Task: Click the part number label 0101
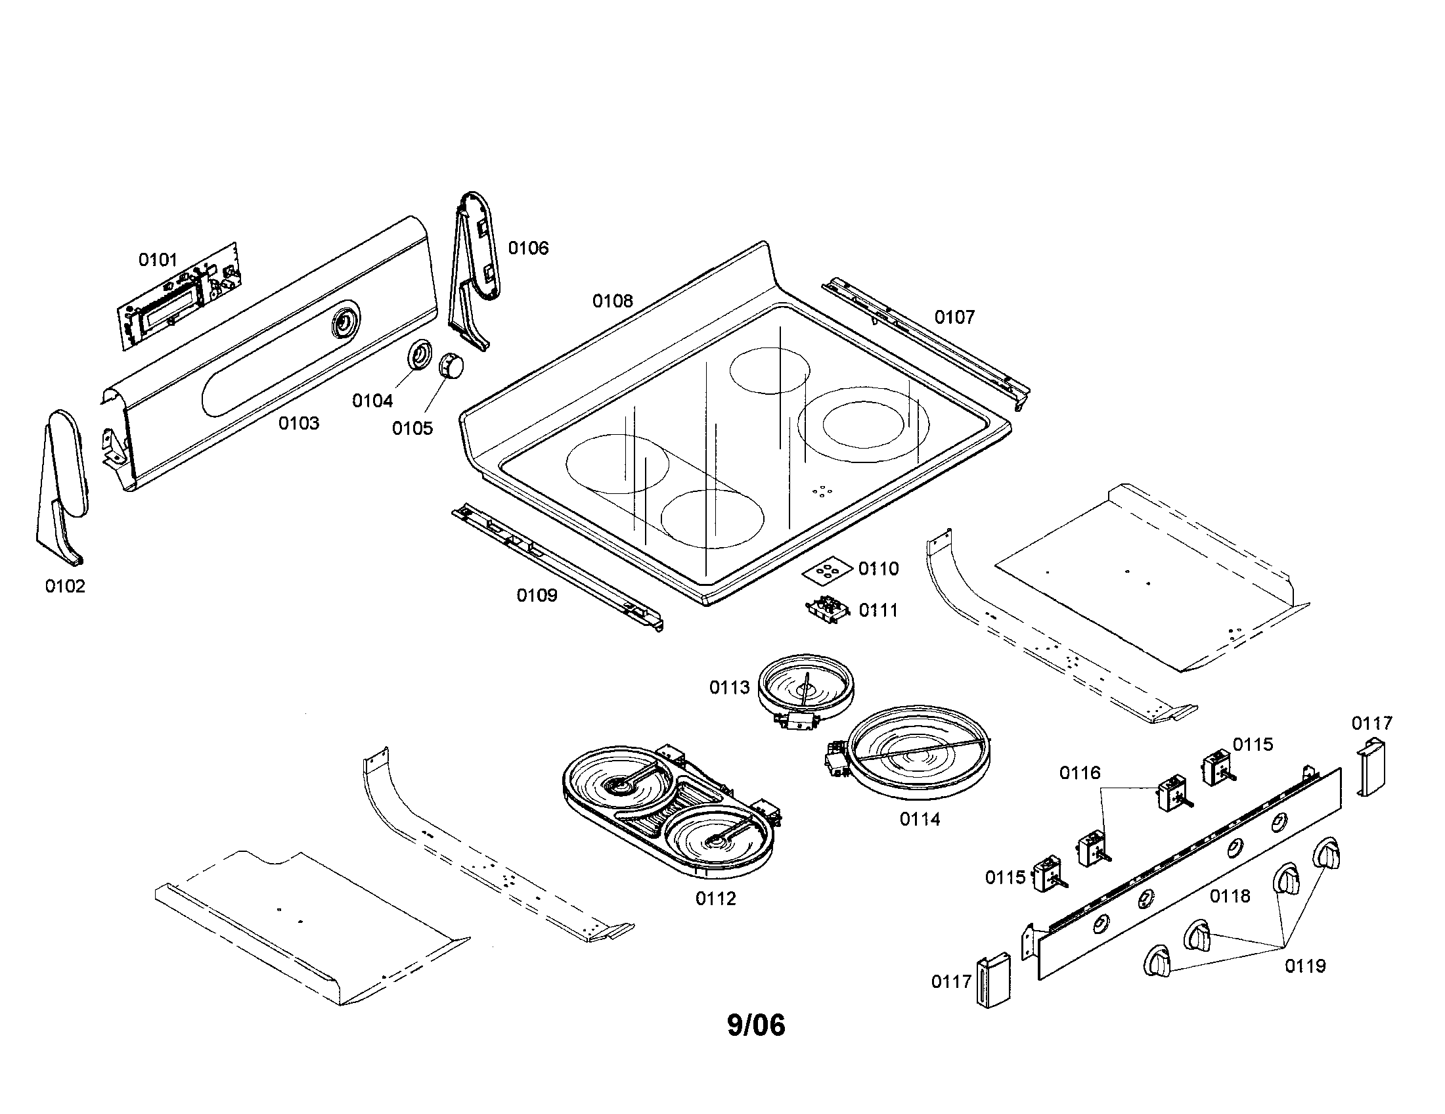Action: point(158,260)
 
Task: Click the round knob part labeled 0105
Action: point(451,366)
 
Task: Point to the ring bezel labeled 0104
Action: point(420,354)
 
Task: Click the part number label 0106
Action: point(528,248)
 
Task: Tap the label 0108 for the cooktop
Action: point(612,301)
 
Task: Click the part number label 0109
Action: point(537,595)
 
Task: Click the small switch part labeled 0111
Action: point(827,609)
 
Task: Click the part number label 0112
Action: point(715,899)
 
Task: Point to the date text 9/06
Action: point(755,1025)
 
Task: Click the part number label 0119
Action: point(1304,966)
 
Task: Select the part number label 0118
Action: point(1230,896)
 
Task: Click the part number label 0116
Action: point(1080,772)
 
